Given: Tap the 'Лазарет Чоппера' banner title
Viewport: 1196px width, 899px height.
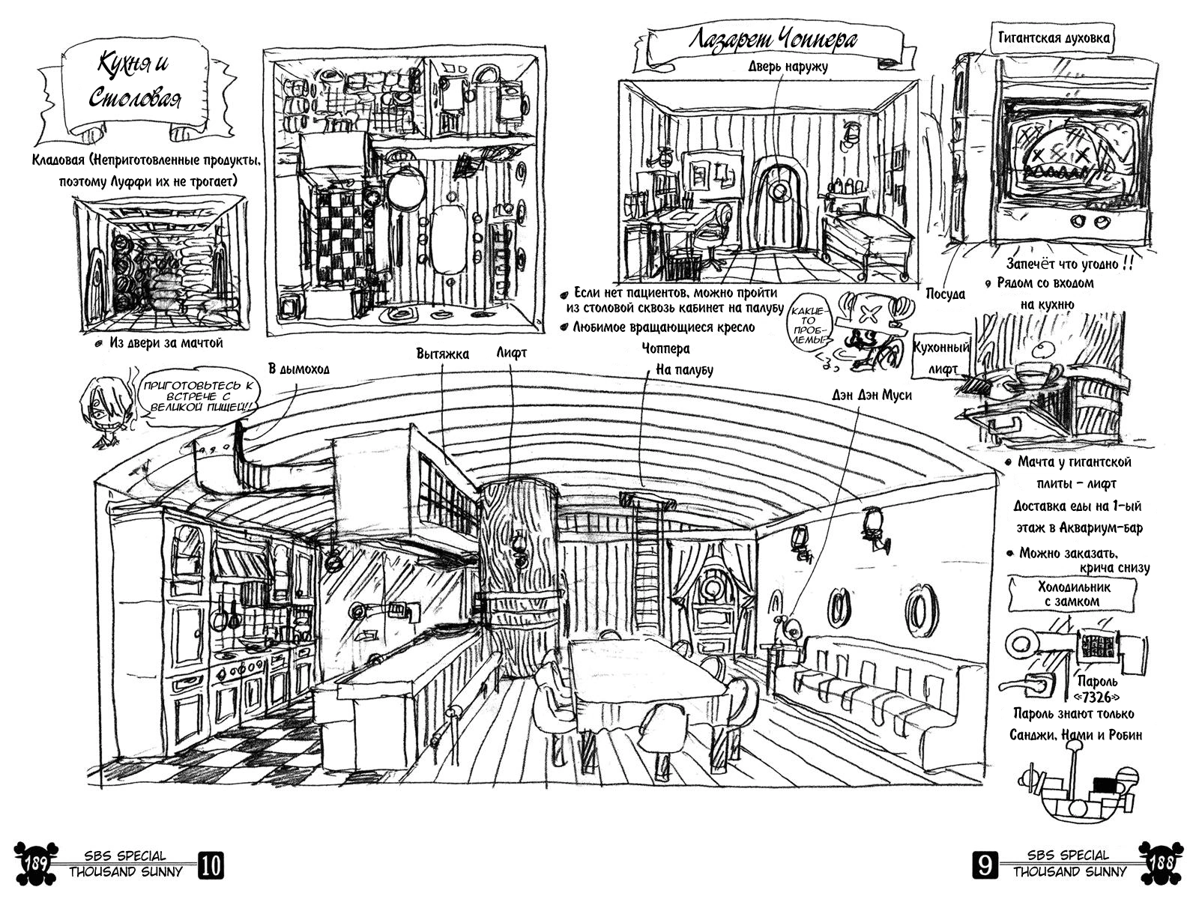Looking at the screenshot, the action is click(772, 40).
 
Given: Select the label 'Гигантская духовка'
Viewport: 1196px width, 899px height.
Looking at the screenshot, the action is click(1053, 37).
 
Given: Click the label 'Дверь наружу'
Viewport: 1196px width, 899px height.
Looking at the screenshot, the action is click(788, 67).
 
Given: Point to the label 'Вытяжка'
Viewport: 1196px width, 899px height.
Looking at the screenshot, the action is click(442, 354).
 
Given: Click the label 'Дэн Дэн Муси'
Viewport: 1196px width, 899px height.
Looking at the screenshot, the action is click(872, 395).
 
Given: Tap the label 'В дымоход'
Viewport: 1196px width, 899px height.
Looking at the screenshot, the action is click(299, 369).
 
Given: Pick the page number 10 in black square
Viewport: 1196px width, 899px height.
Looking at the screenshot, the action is click(211, 865).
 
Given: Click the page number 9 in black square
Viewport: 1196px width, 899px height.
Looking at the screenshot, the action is click(984, 866).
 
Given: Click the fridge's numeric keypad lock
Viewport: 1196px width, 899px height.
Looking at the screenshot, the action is click(1097, 646).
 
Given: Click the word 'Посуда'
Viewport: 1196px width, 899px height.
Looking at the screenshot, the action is click(945, 294).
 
